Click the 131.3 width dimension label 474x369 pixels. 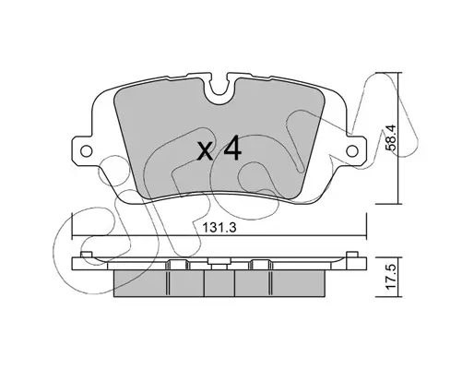[x=219, y=228]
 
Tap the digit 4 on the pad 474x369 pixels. [x=232, y=149]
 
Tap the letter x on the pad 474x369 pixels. [x=205, y=152]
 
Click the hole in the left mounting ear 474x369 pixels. [x=86, y=150]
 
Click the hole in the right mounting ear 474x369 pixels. [x=352, y=150]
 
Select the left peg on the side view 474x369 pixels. [x=87, y=255]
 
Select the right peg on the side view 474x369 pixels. [x=352, y=255]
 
